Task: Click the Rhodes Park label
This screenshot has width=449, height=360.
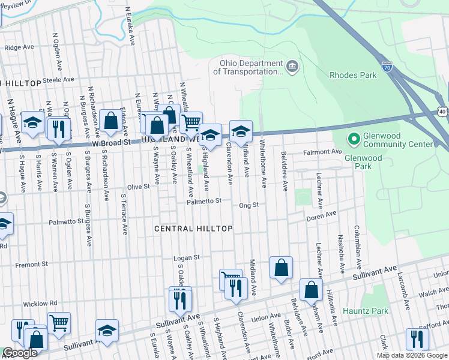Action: coord(353,75)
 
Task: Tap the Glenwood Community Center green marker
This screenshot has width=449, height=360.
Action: coord(354,139)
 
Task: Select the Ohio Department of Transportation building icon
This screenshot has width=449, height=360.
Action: coord(292,66)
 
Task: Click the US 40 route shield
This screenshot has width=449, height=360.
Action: coord(442,112)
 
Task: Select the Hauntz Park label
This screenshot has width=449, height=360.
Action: coord(366,311)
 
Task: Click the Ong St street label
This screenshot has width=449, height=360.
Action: coord(248,205)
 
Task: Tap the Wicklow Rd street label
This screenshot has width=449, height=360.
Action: coord(41,303)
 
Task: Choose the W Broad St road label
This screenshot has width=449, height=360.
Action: coord(111,143)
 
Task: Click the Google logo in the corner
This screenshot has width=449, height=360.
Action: coord(20,353)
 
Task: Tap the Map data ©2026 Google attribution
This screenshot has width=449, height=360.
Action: coord(411,355)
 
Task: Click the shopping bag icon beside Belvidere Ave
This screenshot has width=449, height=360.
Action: coord(281,268)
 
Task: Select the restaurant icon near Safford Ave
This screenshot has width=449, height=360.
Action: coord(417,339)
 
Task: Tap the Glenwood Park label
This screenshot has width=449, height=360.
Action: coord(363,158)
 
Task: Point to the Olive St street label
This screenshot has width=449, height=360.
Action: coord(138,187)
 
